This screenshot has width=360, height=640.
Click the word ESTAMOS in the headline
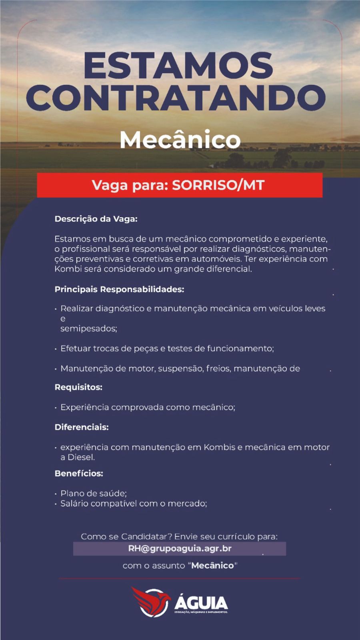click(x=178, y=66)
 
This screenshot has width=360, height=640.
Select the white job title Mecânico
click(x=180, y=140)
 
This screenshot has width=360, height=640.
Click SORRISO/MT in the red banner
click(x=218, y=185)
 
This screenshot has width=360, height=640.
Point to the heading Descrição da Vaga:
click(x=96, y=219)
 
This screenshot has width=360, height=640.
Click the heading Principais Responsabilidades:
click(x=119, y=289)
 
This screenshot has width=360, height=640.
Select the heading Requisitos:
click(x=78, y=387)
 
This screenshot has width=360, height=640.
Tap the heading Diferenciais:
click(x=82, y=427)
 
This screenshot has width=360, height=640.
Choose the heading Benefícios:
click(x=79, y=474)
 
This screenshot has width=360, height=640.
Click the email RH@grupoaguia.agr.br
click(x=180, y=548)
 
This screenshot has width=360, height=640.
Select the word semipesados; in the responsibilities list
click(x=88, y=329)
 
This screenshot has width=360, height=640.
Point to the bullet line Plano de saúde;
click(x=93, y=494)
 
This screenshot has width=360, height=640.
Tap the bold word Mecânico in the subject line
click(x=212, y=566)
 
